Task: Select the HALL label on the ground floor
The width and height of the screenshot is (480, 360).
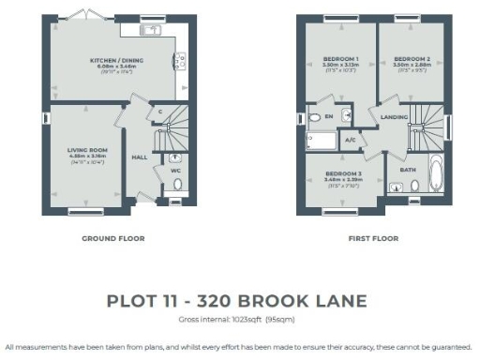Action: (x=139, y=157)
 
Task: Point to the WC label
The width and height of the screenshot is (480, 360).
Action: (x=174, y=171)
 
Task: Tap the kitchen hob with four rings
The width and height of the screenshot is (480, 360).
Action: (x=176, y=61)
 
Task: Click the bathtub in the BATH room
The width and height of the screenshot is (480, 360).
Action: (x=438, y=174)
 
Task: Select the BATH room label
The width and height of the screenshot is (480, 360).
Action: (x=407, y=170)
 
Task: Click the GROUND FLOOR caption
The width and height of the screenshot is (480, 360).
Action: (x=112, y=238)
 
